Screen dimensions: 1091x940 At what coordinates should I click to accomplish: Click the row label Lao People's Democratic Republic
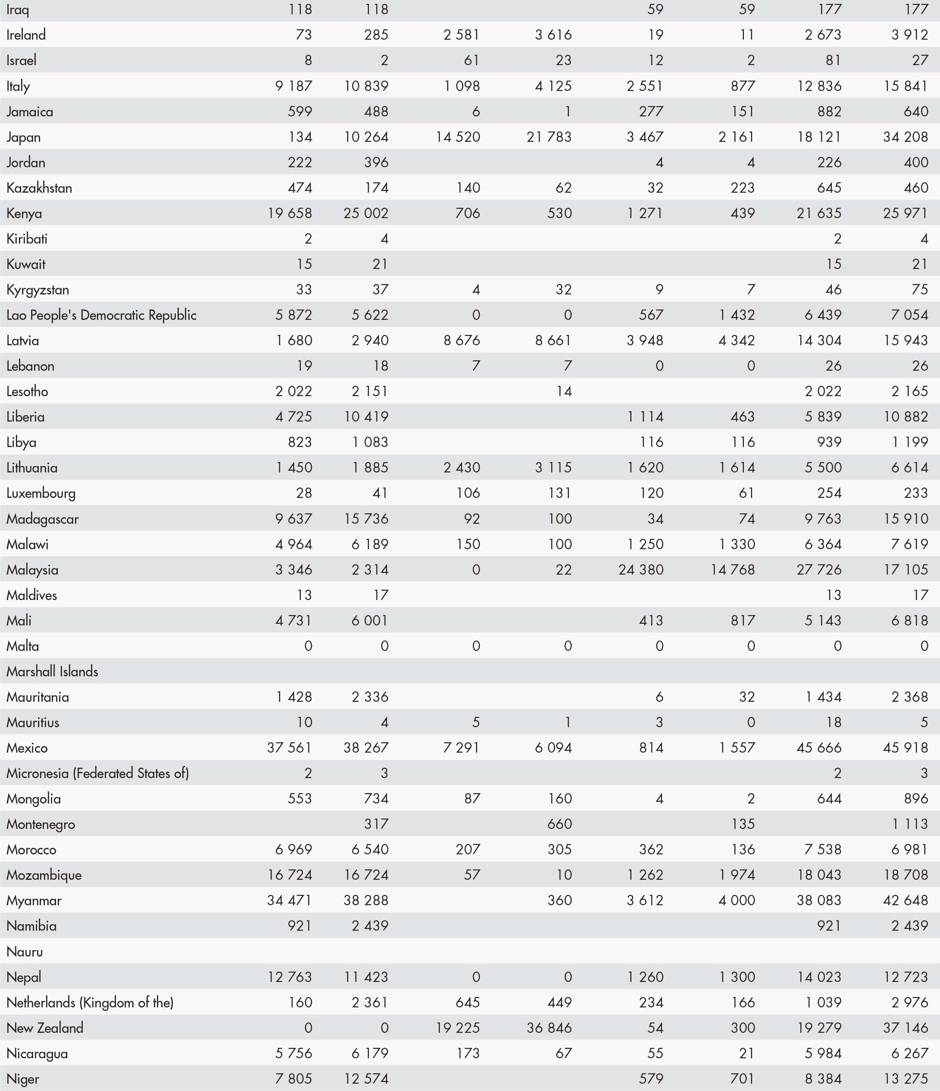[101, 315]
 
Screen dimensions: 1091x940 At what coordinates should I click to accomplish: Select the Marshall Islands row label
[52, 671]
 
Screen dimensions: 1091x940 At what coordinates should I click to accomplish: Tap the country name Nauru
[25, 951]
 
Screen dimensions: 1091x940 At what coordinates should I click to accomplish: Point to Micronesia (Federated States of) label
[97, 773]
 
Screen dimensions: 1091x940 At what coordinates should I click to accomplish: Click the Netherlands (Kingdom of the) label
[90, 1003]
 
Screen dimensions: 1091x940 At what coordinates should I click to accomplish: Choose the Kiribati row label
[27, 238]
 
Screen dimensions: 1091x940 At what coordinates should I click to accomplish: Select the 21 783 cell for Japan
[549, 137]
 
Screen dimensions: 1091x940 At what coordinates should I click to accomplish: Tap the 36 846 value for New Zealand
[549, 1028]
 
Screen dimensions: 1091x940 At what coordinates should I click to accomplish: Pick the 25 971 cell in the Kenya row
[905, 213]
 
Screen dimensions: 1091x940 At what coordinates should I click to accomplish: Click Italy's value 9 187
[294, 86]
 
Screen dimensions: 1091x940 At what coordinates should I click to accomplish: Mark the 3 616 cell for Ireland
[553, 35]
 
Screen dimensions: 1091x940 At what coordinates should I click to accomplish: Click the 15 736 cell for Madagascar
[366, 519]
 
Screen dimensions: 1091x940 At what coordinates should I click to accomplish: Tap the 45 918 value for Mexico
[905, 748]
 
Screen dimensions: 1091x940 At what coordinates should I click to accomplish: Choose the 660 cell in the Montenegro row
[559, 824]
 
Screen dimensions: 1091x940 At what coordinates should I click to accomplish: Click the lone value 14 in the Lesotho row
[564, 391]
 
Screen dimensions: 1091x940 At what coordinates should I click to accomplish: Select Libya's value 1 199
[909, 442]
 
